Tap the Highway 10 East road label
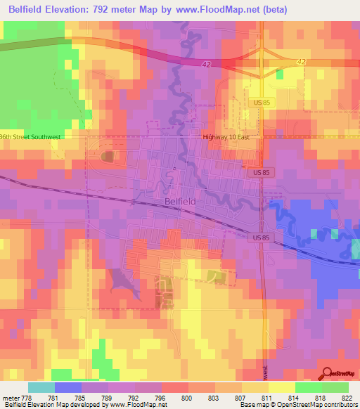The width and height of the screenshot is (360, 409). [x=226, y=138]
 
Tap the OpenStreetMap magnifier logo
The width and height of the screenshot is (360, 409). [x=328, y=374]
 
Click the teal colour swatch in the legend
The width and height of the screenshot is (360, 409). [x=41, y=387]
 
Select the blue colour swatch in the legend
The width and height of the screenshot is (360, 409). [x=67, y=387]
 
